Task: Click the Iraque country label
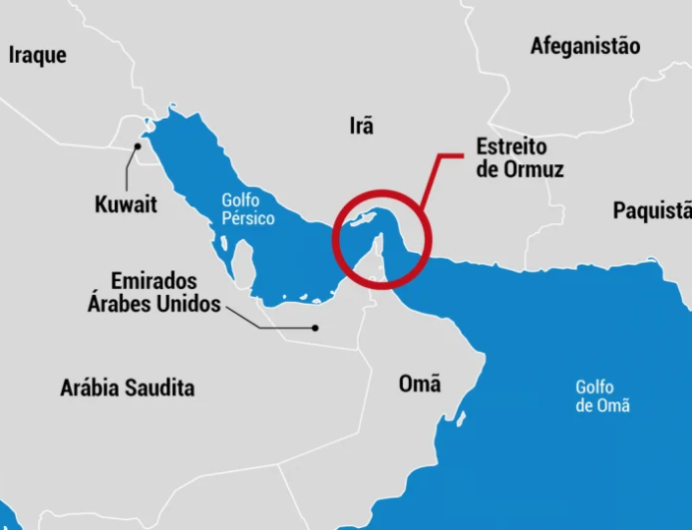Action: point(38,55)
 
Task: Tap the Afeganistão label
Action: point(585,46)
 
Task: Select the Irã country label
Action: point(361,126)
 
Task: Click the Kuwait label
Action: point(126,205)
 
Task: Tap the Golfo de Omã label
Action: point(601,396)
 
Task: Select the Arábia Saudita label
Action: point(127,388)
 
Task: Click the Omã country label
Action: point(419,384)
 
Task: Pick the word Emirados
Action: point(155,281)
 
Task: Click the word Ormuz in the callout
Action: point(533,169)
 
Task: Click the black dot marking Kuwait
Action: point(139,146)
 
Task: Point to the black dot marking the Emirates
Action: point(315,328)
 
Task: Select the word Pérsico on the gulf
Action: point(248,218)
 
